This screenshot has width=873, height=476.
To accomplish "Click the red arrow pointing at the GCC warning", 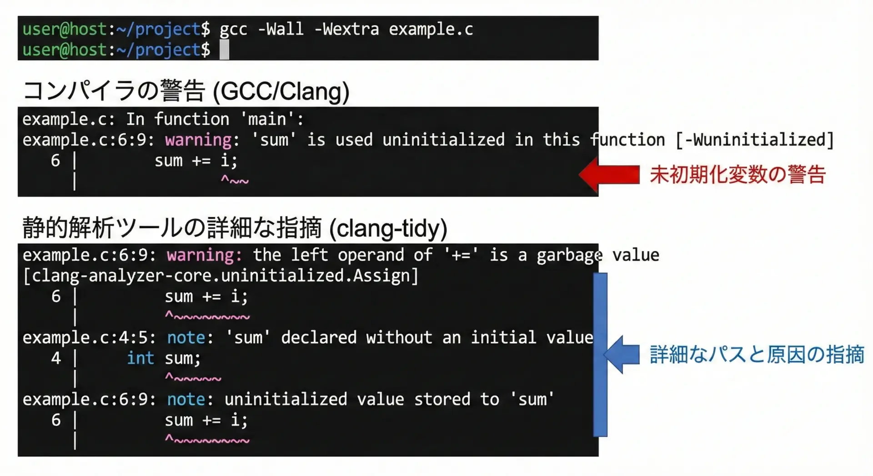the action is coord(609,174).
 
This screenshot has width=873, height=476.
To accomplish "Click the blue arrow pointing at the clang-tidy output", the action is coord(622,355).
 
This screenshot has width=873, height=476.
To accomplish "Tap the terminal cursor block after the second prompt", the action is coord(224,50).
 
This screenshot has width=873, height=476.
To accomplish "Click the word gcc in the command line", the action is coord(233,30).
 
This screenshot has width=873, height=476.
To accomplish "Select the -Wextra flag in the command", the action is coord(346,29).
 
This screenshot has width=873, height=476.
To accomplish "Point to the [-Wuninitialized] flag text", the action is coord(755,140).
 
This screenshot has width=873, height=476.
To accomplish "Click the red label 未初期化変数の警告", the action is coord(738,175).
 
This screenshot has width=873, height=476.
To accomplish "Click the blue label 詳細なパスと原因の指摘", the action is coord(757,355).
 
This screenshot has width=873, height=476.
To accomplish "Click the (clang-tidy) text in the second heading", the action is coord(388,228).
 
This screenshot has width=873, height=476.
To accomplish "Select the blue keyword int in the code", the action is coord(140,358).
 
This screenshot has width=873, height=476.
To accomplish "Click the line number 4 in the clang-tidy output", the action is coord(56,358).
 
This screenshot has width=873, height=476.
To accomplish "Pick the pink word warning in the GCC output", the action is coord(198,140).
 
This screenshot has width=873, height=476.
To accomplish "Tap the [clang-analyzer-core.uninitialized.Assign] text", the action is coord(221,276).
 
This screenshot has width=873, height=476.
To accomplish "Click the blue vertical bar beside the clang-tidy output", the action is coord(600,355).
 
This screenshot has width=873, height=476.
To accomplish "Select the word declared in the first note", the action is coord(319,337).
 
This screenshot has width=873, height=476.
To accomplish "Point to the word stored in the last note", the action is coord(442,399).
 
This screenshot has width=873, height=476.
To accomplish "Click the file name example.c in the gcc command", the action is coord(431,30).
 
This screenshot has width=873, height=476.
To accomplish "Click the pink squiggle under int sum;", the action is coord(193,377).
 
